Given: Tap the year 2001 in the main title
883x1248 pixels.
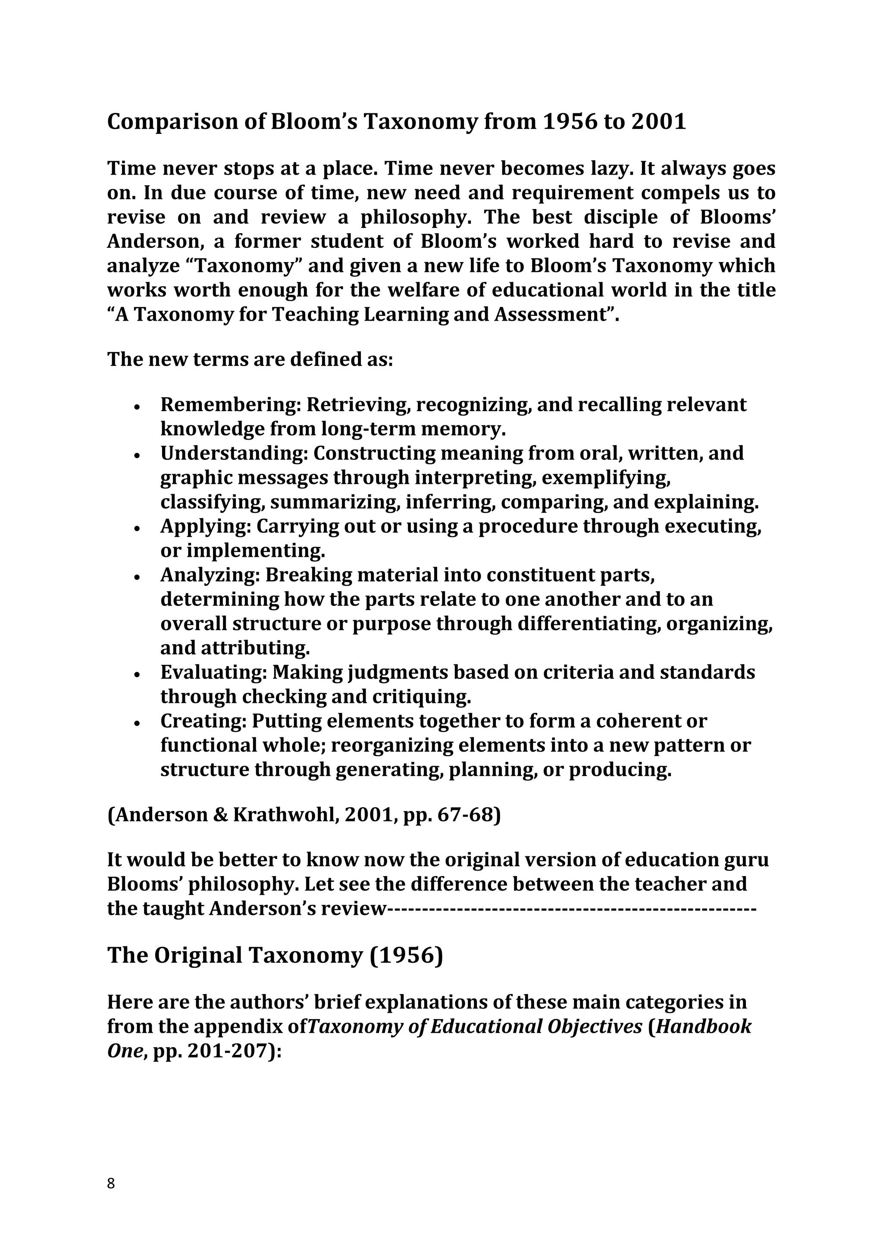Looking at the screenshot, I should click(x=658, y=122).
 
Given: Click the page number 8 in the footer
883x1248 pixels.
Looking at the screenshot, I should click(x=111, y=1183).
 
